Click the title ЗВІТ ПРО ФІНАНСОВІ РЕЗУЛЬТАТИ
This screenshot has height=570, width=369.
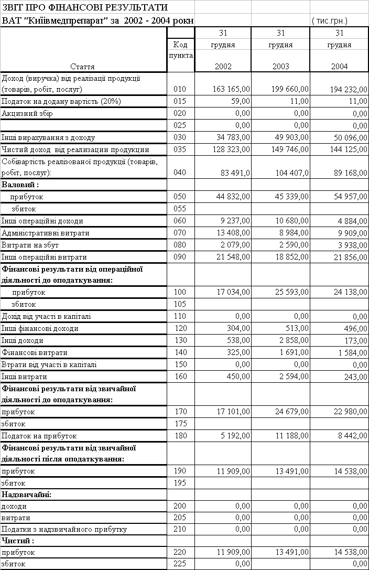[85, 7]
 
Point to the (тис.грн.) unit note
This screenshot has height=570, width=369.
[330, 21]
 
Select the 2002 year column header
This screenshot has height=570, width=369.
[223, 66]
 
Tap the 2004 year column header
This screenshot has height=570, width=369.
[339, 66]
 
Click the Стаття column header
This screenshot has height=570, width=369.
[82, 67]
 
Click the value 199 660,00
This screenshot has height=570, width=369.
[286, 90]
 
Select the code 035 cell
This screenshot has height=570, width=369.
[180, 149]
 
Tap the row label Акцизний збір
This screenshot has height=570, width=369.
[27, 113]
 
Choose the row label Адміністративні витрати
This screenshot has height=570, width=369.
[46, 233]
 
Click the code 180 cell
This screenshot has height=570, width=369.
[180, 436]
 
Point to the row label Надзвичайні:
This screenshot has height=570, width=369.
[27, 494]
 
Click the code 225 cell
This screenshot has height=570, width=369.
[180, 564]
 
